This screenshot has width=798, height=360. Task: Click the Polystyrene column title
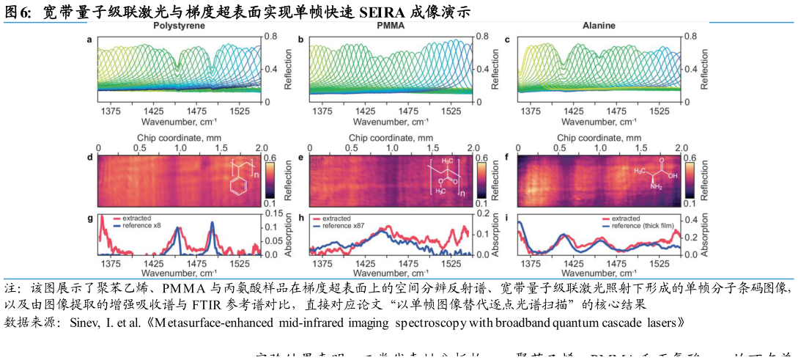[179, 26]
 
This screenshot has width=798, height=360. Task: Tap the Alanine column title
[599, 26]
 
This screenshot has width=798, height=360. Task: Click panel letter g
[90, 218]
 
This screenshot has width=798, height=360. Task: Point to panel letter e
[302, 157]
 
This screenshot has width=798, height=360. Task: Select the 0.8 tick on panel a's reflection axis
[270, 36]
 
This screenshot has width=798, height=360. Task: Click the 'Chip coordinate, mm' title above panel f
[599, 137]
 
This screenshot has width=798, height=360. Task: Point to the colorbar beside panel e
[481, 180]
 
